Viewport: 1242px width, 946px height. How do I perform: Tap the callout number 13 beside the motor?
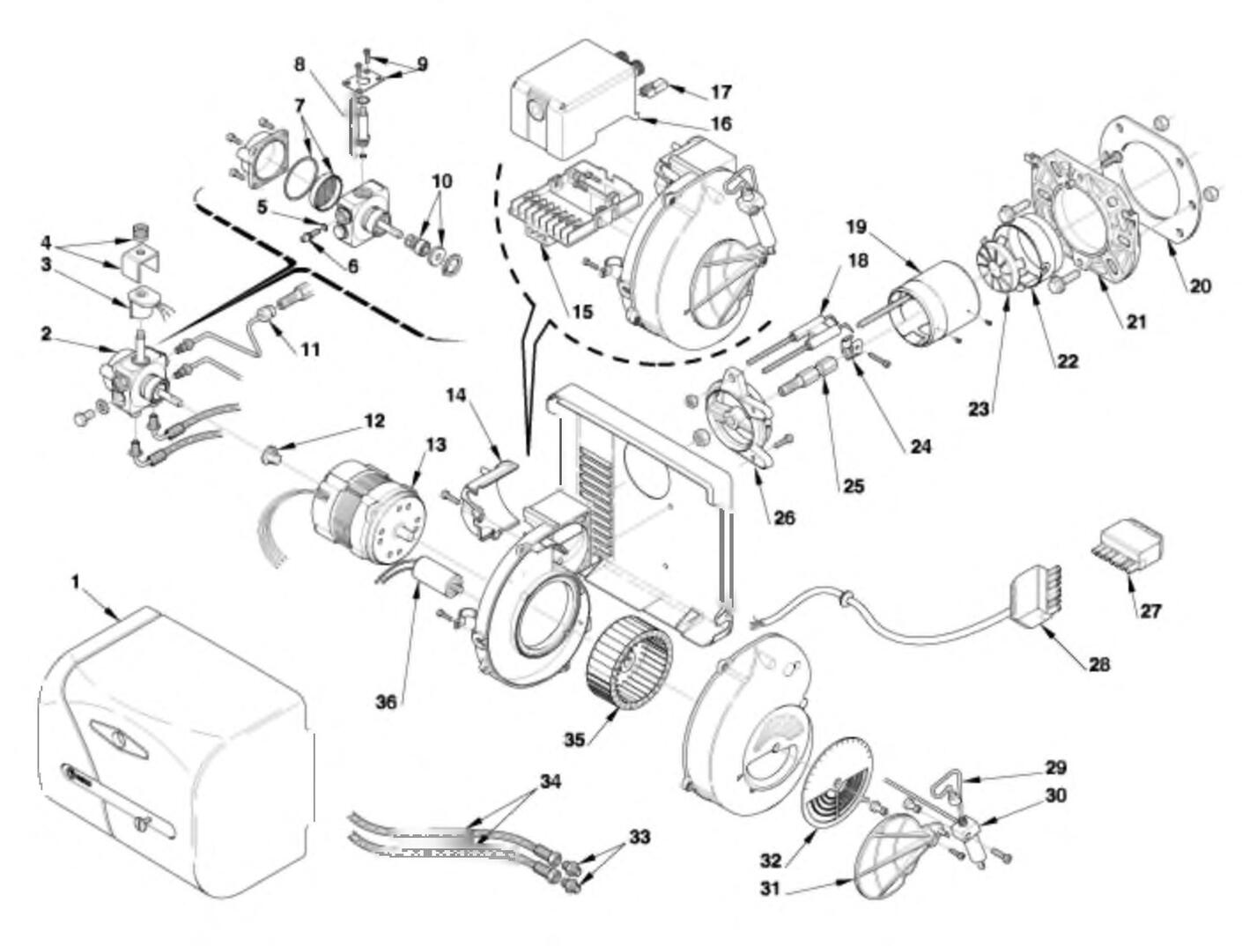(x=436, y=445)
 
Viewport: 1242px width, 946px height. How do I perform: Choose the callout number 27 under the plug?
(x=1150, y=610)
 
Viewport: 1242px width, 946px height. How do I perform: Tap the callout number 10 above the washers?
(x=442, y=181)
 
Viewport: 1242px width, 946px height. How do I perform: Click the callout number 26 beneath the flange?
(x=783, y=517)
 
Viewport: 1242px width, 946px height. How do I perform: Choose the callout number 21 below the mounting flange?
(x=1136, y=321)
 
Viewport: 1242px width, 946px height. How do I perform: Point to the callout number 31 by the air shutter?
(x=771, y=889)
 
